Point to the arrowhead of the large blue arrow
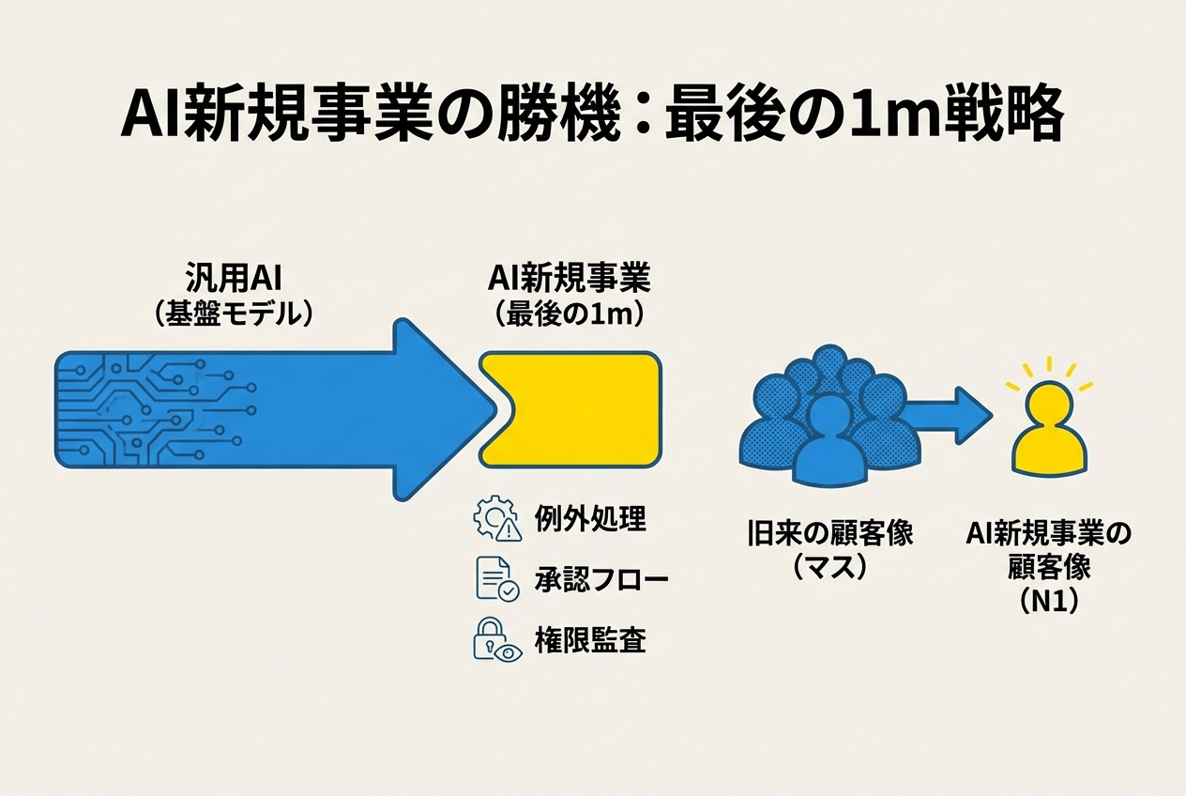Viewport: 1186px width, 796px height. (441, 409)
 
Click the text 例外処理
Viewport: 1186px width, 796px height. (590, 518)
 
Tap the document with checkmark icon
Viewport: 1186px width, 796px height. (496, 579)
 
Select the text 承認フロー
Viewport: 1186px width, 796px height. (601, 579)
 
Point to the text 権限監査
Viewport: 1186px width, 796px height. (590, 640)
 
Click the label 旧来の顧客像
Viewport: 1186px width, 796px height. (829, 534)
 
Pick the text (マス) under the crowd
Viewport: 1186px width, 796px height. (829, 567)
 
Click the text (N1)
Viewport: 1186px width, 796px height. (1048, 600)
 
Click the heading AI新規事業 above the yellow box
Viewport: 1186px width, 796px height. (570, 279)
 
